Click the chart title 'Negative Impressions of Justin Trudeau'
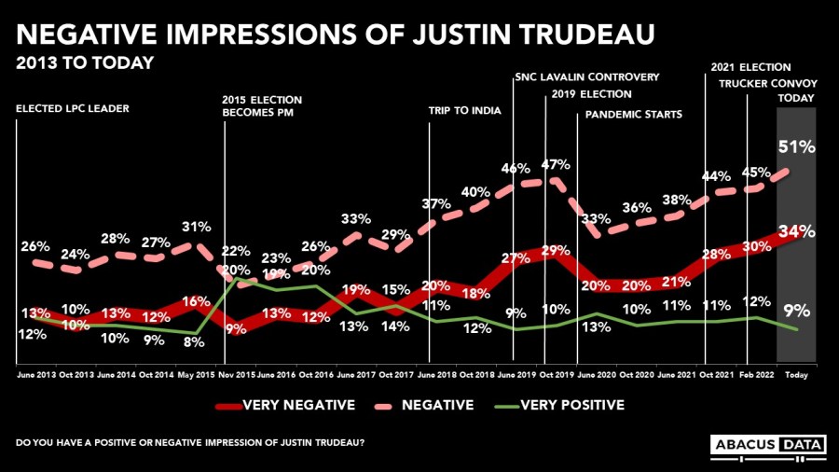pyautogui.click(x=335, y=36)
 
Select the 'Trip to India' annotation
pyautogui.click(x=464, y=111)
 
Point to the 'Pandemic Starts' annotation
pyautogui.click(x=634, y=115)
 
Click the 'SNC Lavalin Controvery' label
pyautogui.click(x=586, y=76)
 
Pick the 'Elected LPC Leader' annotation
pyautogui.click(x=73, y=109)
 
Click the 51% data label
pyautogui.click(x=797, y=146)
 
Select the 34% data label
pyautogui.click(x=798, y=230)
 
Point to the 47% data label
pyautogui.click(x=557, y=165)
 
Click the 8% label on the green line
pyautogui.click(x=194, y=341)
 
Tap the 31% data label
pyautogui.click(x=194, y=227)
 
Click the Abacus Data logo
pyautogui.click(x=768, y=446)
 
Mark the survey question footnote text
pyautogui.click(x=190, y=440)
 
